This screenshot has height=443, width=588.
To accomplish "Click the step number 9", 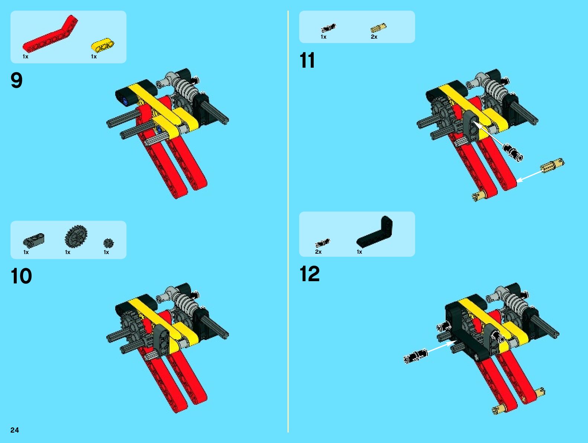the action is point(16,80).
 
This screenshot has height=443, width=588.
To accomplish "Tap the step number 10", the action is point(21,276).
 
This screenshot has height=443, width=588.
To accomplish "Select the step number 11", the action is point(307,60).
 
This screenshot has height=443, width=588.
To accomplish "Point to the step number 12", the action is point(310,274).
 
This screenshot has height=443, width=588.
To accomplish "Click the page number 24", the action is point(15,430).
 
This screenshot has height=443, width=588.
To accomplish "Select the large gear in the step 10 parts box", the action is point(76,236).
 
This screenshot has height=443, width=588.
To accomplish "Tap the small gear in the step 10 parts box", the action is point(108,243).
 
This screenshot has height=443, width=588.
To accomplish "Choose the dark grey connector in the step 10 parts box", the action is point(34,240).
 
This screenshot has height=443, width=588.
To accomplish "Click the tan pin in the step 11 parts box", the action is point(378,28).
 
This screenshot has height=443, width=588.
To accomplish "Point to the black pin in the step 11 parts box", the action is point(328,28).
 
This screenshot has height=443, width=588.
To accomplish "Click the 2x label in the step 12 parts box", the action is point(318,252).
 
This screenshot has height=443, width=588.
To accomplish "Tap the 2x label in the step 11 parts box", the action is point(374,37).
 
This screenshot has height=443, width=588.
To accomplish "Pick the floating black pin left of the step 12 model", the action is point(416,356).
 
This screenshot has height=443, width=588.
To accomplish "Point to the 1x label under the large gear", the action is point(68,252).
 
